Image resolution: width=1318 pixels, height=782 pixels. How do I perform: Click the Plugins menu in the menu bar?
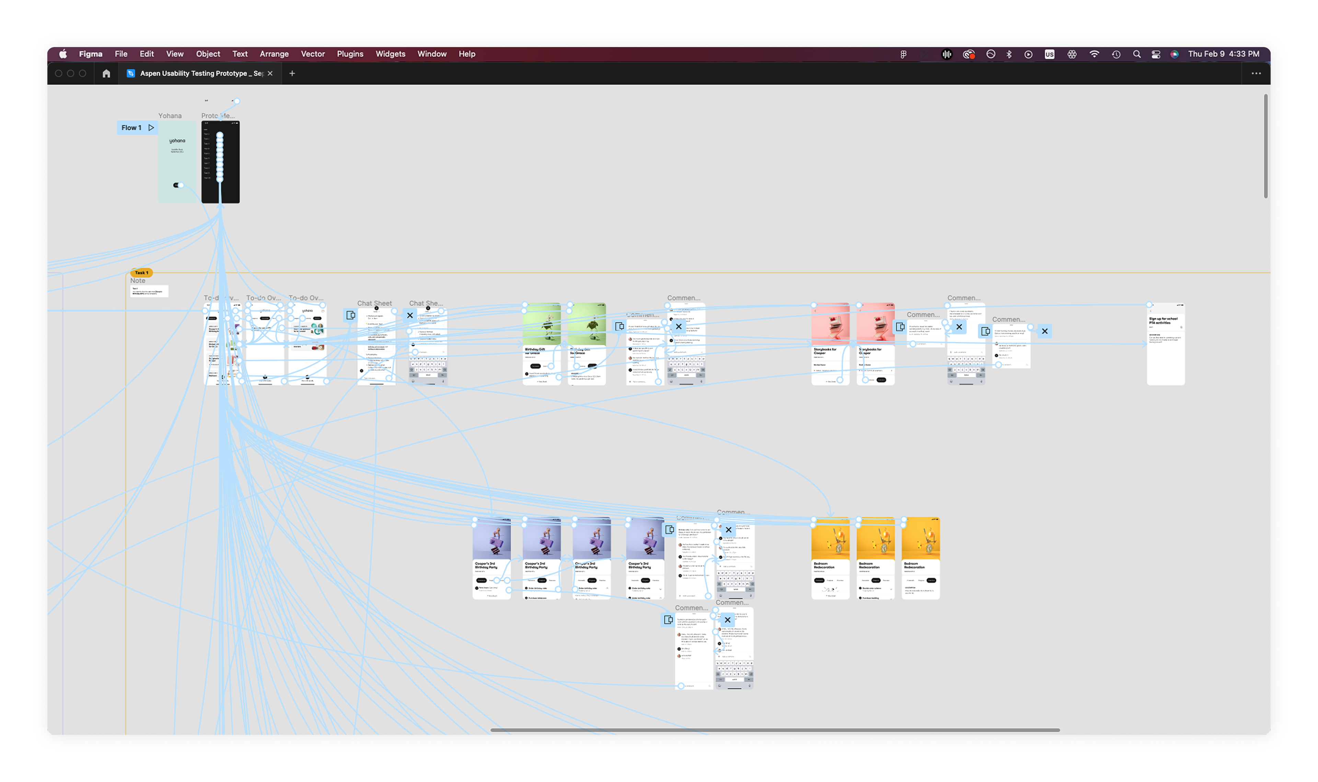tap(350, 54)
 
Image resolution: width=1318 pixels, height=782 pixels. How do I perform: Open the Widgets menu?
tap(390, 54)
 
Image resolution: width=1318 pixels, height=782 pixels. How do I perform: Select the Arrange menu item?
tap(274, 54)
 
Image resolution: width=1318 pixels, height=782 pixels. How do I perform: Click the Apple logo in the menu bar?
tap(63, 54)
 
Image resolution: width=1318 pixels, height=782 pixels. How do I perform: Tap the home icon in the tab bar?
tap(106, 73)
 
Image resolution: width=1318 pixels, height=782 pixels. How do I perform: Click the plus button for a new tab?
tap(292, 73)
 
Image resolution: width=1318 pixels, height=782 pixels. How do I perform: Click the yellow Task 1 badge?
tap(141, 272)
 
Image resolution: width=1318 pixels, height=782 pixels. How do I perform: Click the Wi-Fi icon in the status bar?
tap(1094, 54)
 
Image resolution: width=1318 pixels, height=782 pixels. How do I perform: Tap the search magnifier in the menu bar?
tap(1136, 54)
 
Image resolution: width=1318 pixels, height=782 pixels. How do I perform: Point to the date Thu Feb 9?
tap(1206, 54)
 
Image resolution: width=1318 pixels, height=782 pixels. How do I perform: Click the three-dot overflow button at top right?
tap(1256, 73)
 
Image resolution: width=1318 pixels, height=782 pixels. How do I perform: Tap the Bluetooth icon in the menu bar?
tap(1009, 54)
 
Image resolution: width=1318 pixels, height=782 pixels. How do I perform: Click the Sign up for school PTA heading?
tap(1163, 320)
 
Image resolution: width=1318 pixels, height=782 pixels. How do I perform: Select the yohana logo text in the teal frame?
tap(177, 141)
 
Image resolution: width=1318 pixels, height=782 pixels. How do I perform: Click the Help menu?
tap(466, 54)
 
